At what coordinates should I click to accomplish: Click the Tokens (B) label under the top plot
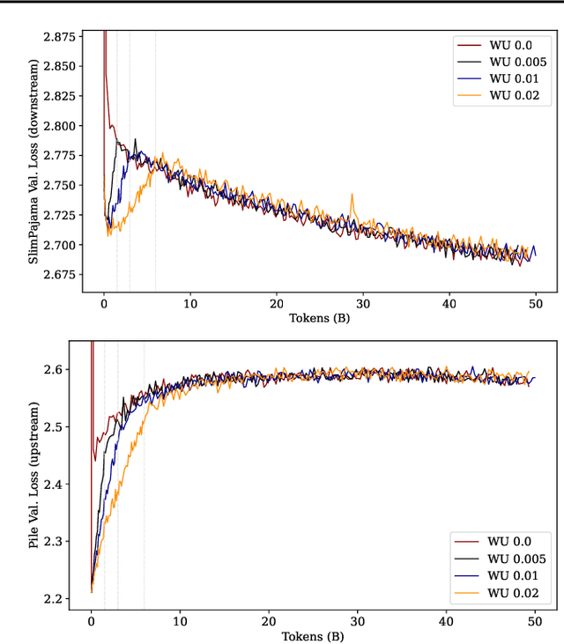pyautogui.click(x=319, y=319)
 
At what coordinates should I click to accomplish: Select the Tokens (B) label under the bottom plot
pyautogui.click(x=313, y=635)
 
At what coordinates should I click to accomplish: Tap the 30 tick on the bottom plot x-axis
pyautogui.click(x=358, y=620)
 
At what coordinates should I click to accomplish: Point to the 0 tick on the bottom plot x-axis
pyautogui.click(x=91, y=620)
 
